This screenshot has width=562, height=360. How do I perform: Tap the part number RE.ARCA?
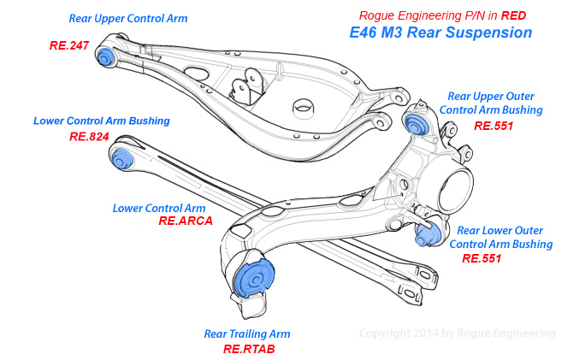[x=185, y=221]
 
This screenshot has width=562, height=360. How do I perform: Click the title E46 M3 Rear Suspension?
[x=441, y=33]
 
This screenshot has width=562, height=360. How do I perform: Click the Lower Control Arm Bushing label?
[x=102, y=121]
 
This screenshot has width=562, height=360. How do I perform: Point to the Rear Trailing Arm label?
[x=247, y=333]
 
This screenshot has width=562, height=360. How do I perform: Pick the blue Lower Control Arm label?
[x=159, y=207]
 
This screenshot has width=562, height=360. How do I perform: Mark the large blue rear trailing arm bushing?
[x=252, y=279]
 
